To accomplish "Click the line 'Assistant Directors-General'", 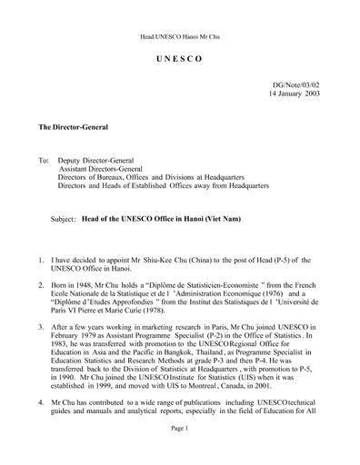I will pyautogui.click(x=102, y=169).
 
